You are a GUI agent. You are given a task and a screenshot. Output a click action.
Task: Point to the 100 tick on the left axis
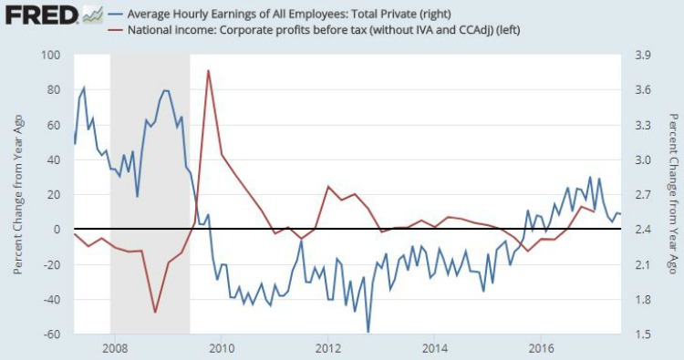[49, 56]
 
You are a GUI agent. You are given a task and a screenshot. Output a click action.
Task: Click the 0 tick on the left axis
[55, 230]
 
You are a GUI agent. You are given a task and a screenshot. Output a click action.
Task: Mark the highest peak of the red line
[209, 70]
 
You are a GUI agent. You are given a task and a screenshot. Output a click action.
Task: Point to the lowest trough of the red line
[155, 313]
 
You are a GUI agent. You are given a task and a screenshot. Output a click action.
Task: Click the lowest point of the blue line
[368, 332]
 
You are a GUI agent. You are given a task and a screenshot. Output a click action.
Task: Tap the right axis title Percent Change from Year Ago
[672, 195]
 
